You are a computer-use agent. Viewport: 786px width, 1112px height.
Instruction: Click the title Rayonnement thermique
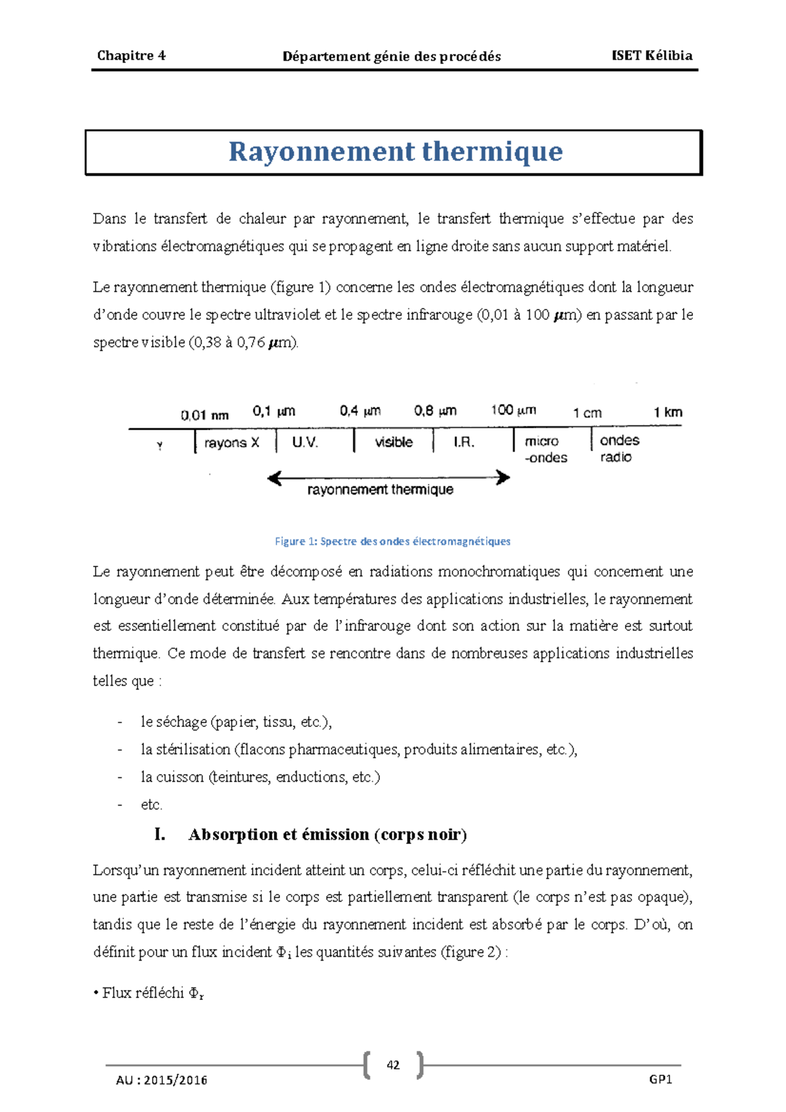point(395,152)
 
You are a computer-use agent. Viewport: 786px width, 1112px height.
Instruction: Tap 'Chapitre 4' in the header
point(131,56)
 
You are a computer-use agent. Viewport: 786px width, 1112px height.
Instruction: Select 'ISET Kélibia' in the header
point(651,56)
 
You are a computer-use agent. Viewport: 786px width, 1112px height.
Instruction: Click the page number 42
point(393,1065)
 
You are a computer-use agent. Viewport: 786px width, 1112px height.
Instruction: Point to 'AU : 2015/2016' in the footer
point(162,1081)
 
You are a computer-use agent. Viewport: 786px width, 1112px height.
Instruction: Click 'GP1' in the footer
point(660,1080)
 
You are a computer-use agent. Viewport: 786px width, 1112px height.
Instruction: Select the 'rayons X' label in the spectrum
point(231,443)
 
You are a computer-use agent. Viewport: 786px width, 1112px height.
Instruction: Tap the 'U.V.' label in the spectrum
point(305,443)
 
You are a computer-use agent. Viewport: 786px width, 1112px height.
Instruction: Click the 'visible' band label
point(394,443)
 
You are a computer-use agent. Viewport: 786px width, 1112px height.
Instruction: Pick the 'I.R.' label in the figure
point(464,443)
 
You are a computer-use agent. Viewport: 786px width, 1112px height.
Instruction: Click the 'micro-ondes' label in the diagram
point(545,449)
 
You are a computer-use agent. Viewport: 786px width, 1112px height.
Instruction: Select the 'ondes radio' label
point(619,449)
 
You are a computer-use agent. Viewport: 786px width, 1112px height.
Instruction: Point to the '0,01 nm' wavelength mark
point(204,415)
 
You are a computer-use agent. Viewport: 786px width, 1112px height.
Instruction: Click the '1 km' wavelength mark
point(667,413)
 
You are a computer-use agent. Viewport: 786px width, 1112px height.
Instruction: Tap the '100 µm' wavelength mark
point(514,411)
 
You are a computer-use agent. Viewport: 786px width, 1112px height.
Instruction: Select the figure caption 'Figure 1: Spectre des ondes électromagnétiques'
point(392,542)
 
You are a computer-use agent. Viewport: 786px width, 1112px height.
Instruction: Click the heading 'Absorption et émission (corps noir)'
point(327,835)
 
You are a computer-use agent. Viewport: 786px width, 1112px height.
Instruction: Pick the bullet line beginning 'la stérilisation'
point(358,750)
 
